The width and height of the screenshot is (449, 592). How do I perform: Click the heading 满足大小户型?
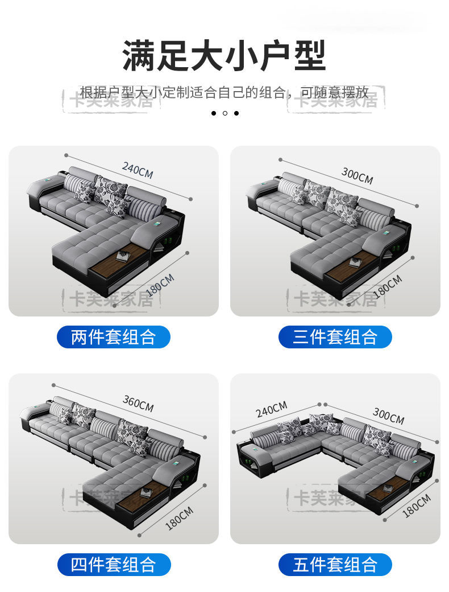click(224, 55)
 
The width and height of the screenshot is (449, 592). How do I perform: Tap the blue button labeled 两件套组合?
click(114, 337)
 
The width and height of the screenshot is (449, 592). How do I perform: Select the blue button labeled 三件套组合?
click(335, 337)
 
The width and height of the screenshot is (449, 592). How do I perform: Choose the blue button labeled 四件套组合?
click(114, 565)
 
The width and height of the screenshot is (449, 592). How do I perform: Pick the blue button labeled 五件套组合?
click(335, 565)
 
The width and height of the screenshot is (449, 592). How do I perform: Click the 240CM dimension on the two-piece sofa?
click(138, 170)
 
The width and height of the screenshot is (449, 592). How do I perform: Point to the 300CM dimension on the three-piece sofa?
click(357, 176)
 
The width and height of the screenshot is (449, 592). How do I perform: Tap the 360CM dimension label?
click(138, 403)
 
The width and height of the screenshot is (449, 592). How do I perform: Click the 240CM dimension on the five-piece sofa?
click(272, 409)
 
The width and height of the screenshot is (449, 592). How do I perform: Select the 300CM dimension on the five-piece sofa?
click(388, 416)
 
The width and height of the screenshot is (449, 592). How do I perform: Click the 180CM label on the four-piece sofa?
click(179, 517)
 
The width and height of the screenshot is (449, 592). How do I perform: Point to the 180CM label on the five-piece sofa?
click(417, 505)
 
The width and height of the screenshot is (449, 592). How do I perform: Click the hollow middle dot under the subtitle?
click(225, 113)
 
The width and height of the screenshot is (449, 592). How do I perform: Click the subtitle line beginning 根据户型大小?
click(224, 93)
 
